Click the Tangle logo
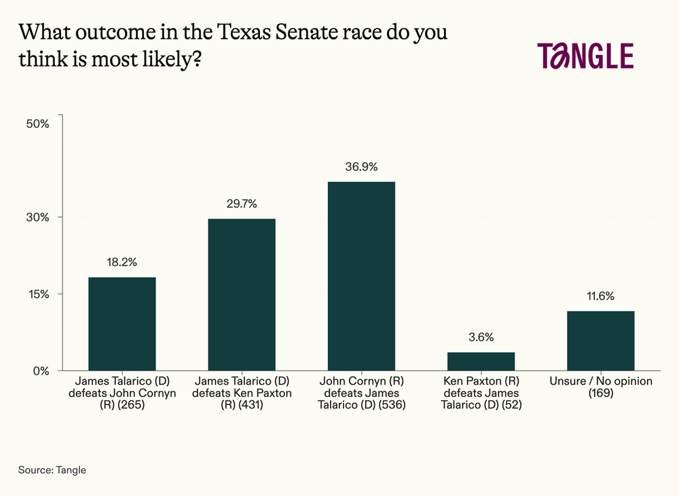click(x=585, y=56)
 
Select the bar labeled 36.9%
click(x=361, y=276)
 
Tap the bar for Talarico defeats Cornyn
click(x=122, y=324)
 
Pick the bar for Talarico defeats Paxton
click(x=242, y=294)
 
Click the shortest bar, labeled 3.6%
click(x=481, y=362)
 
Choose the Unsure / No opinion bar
click(x=600, y=341)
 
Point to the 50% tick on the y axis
click(x=38, y=124)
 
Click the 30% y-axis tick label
click(x=38, y=217)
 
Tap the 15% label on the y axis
click(x=38, y=294)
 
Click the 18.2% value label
click(x=122, y=262)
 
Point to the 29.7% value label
click(x=242, y=204)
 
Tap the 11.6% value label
click(x=600, y=296)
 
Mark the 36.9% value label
click(x=361, y=166)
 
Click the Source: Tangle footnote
click(x=52, y=470)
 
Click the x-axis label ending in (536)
click(x=361, y=394)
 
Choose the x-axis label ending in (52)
click(x=481, y=394)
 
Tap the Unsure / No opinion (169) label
click(x=600, y=387)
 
